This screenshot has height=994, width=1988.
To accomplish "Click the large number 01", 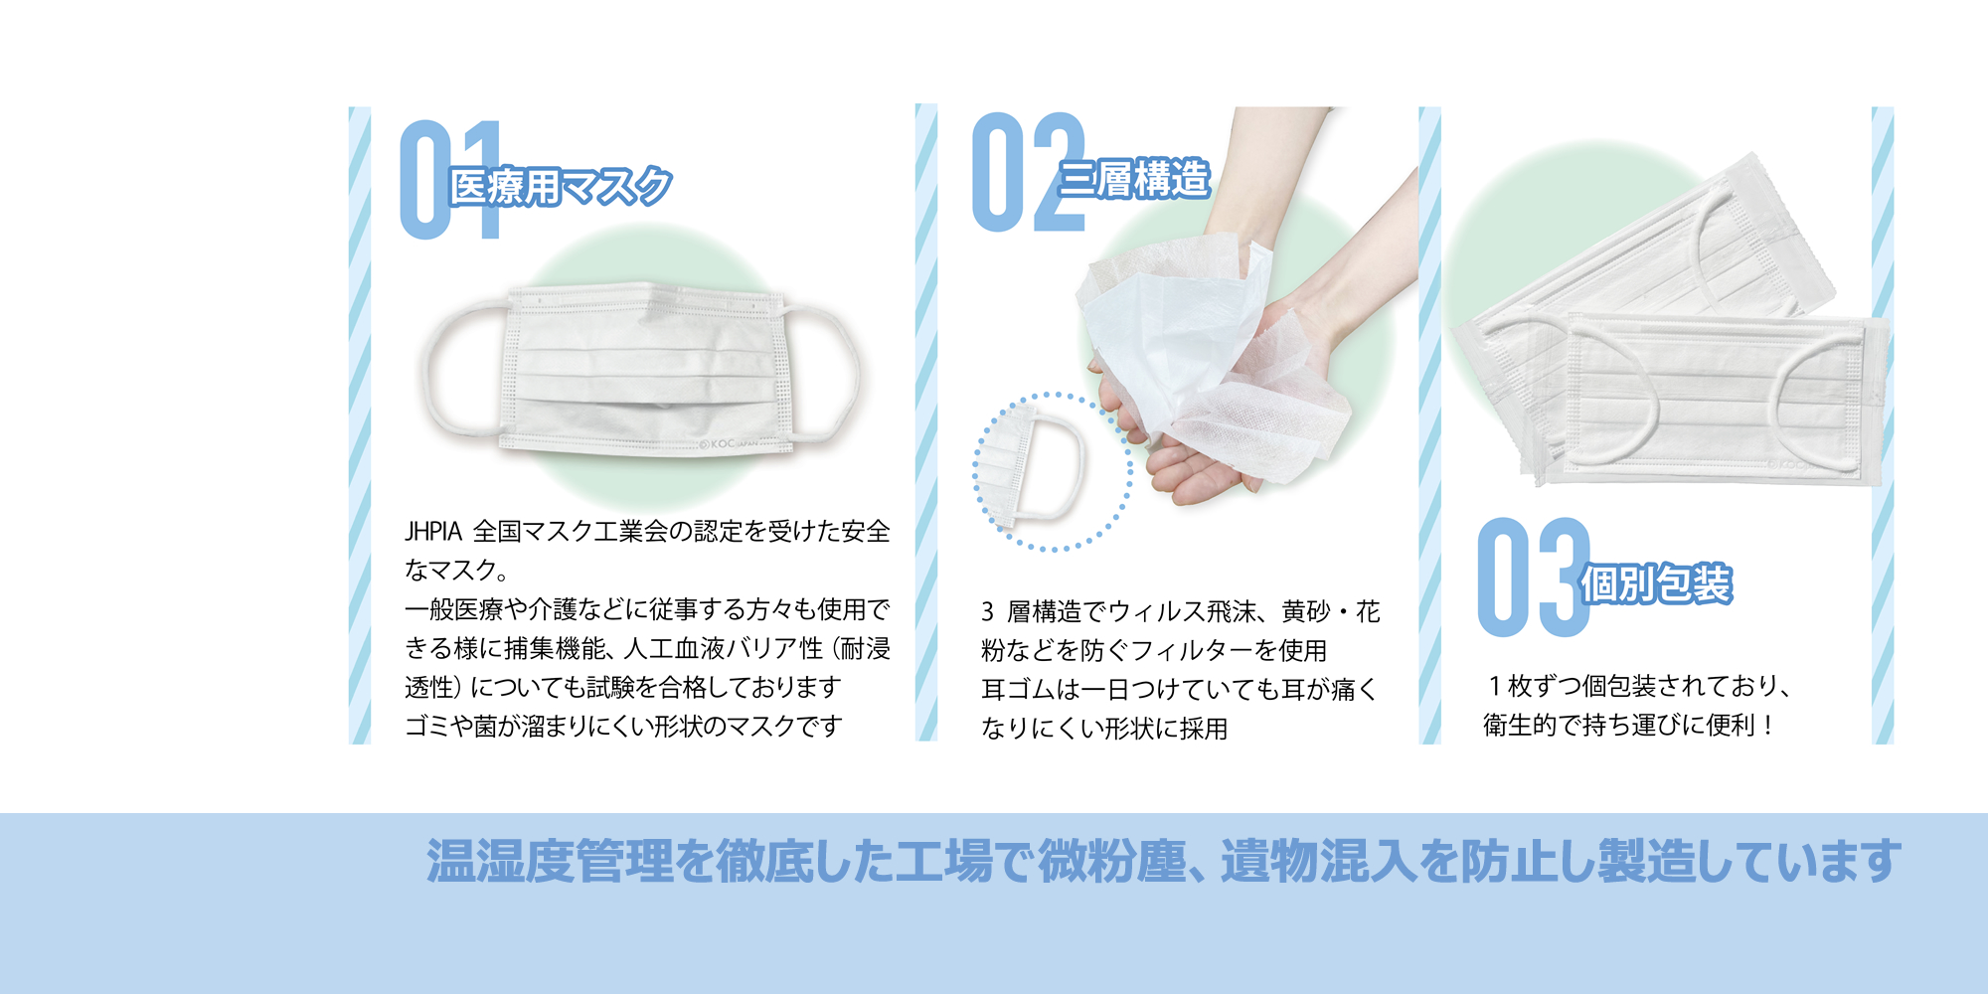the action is pos(450,180).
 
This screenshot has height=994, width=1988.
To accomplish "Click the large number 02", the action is pos(1029,172).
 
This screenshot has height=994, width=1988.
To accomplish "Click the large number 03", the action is pos(1534,578).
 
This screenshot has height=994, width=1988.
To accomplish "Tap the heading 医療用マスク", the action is pos(561,186).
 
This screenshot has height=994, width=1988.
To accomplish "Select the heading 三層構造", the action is pos(1134,179).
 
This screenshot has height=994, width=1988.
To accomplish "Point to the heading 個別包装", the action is pos(1656,583).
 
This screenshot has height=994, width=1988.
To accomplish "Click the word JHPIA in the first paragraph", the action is pos(433,532).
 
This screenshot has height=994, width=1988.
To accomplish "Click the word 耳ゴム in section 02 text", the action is pos(1018,690).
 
